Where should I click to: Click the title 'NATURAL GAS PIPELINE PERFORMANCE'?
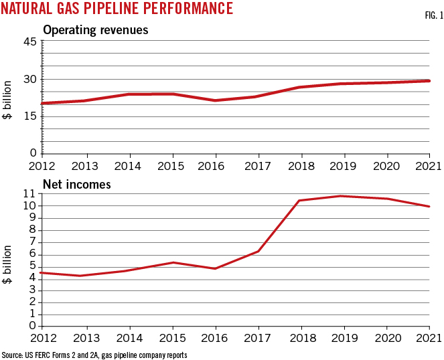tap(117, 9)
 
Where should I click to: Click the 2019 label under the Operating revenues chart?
tap(342, 165)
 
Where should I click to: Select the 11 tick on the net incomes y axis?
tap(29, 193)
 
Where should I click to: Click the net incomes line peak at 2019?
tap(341, 196)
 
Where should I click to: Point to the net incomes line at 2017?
tap(258, 251)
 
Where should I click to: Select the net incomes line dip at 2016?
tap(214, 268)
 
